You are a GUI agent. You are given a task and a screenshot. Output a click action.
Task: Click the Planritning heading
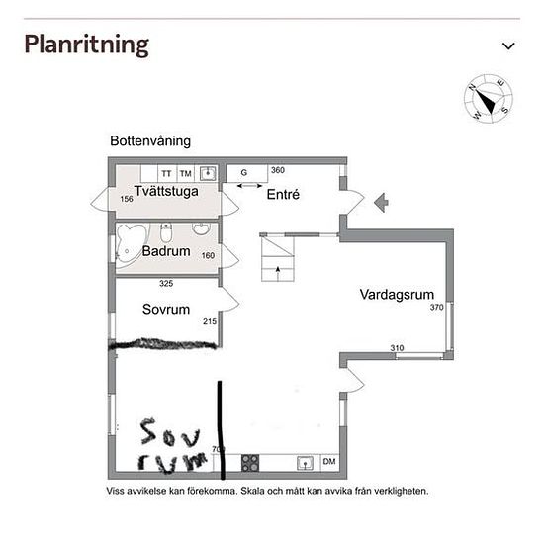point(86,45)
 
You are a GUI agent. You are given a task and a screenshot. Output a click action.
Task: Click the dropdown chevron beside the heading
point(509,45)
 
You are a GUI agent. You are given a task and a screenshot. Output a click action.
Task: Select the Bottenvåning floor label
point(150,141)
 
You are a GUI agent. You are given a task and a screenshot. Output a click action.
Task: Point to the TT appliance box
point(166,173)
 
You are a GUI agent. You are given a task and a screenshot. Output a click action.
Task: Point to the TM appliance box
point(185,173)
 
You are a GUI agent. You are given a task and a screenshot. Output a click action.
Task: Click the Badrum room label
point(165,251)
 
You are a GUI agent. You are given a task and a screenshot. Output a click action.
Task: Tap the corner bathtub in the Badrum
point(131,243)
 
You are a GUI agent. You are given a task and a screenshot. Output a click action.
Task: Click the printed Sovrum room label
point(165,310)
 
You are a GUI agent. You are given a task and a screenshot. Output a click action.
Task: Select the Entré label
point(283,195)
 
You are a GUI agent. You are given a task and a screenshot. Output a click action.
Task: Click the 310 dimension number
point(396,347)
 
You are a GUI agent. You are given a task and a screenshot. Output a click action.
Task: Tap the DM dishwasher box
point(328,462)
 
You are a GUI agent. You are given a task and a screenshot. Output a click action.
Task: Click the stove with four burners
point(249,462)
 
